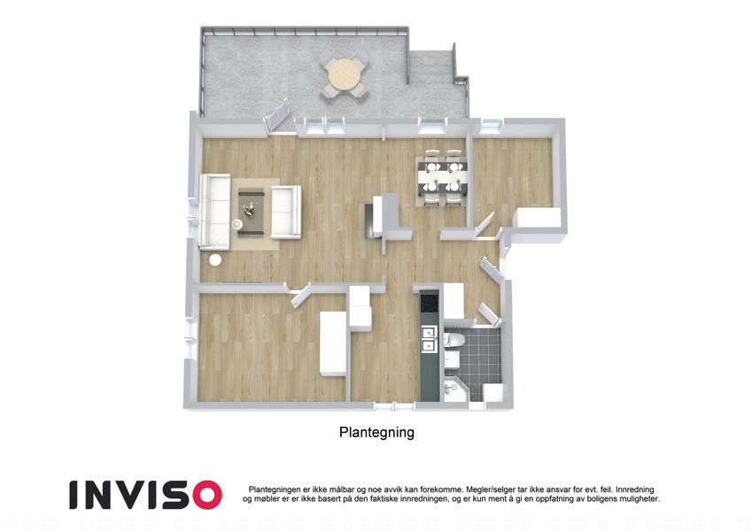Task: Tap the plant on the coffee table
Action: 249,210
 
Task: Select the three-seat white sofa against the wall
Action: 215,212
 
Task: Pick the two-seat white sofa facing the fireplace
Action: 286,212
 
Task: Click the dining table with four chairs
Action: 441,178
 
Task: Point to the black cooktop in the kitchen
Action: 430,302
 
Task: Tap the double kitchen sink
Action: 429,339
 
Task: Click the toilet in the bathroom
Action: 454,340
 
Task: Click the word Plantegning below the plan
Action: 376,432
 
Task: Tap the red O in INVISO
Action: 204,495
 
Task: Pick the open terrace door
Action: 276,116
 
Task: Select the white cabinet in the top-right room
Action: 539,218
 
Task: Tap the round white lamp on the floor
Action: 215,260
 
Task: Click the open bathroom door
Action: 489,314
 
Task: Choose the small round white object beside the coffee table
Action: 236,224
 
